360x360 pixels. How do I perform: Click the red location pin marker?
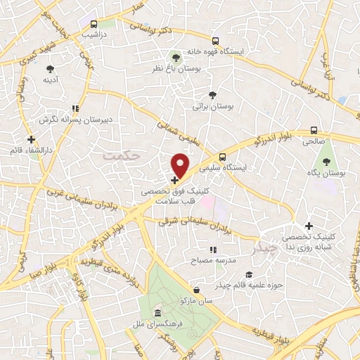pos(181,164)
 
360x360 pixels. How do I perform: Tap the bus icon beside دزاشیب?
pos(94,22)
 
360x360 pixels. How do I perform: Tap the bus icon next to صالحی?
pos(314,130)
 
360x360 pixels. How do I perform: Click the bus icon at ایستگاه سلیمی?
pos(221,157)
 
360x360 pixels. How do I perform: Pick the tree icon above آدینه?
pos(50,69)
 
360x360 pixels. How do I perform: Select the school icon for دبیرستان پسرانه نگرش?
pos(75,108)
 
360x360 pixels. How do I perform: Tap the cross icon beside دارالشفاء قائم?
pos(31,139)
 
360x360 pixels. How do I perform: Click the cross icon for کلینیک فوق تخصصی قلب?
pos(174,181)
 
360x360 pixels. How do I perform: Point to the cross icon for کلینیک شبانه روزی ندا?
pos(308,226)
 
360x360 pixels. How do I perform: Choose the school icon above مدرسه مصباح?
pos(212,249)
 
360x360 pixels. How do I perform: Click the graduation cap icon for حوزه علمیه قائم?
pos(247,274)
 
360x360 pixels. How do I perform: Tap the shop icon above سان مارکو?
pos(198,289)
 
